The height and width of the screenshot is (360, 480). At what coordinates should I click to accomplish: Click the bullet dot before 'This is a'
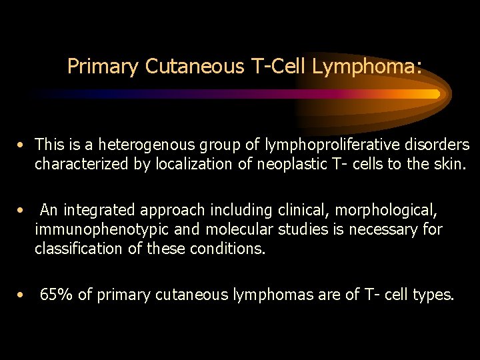22,145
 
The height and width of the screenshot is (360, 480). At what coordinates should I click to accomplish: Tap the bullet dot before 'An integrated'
22,211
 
